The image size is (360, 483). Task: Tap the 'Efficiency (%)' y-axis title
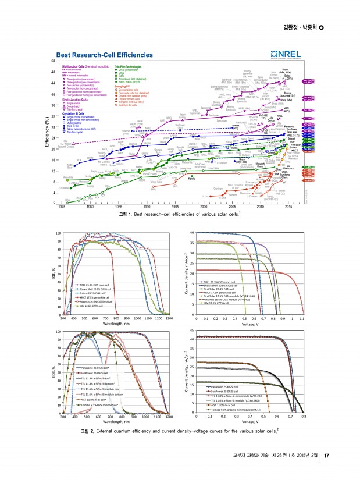coord(47,133)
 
